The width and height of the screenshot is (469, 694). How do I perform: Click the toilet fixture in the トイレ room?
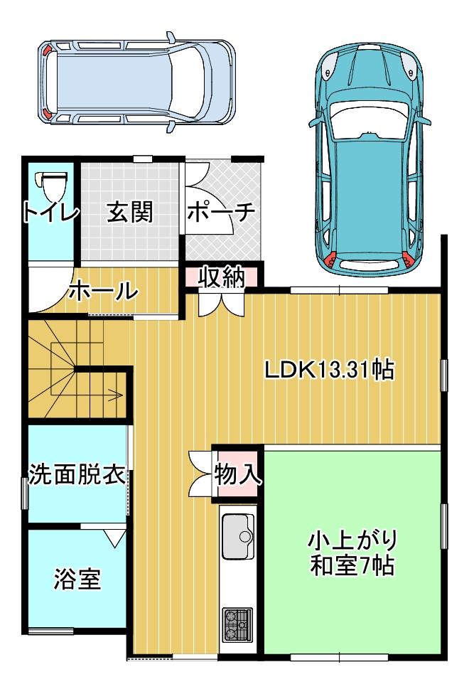51,186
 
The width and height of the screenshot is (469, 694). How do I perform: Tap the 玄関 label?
130,212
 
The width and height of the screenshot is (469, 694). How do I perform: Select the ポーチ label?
221,213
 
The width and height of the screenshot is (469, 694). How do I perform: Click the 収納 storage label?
221,278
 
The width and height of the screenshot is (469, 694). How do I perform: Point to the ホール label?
103,291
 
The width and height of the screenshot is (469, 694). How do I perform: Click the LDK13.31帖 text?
329,370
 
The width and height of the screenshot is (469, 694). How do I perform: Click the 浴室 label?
77,579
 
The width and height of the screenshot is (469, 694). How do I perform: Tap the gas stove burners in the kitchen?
238,625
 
